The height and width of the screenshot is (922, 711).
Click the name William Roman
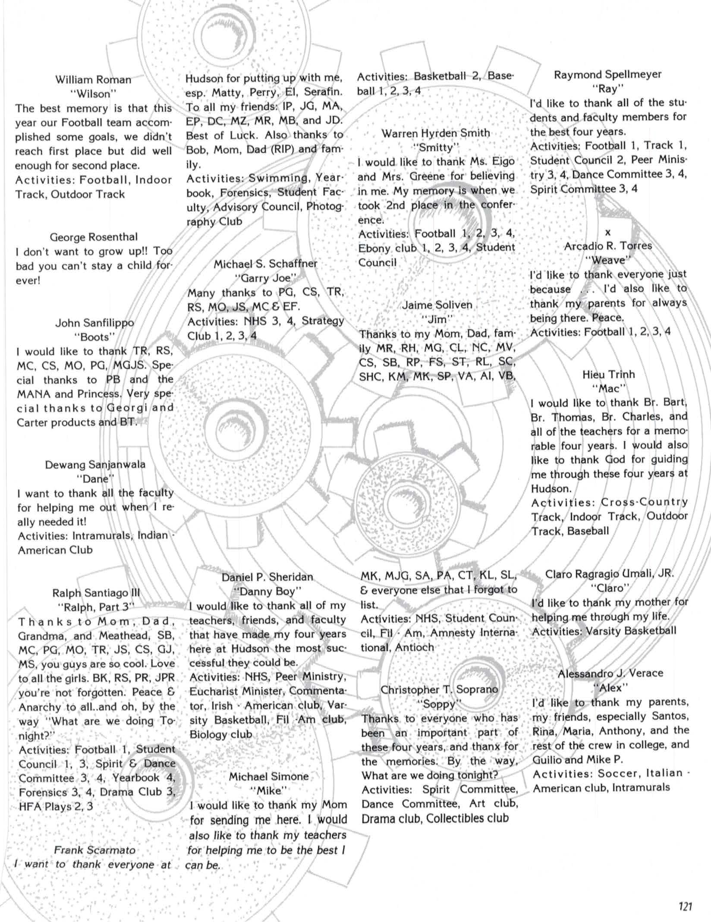(x=93, y=80)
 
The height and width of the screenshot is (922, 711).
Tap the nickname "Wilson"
(x=93, y=94)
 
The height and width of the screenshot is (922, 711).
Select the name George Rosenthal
(x=94, y=237)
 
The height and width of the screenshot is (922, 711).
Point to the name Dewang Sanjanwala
(x=95, y=465)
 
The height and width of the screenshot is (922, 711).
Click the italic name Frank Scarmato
(x=94, y=850)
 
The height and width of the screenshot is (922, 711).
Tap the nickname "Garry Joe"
(x=266, y=278)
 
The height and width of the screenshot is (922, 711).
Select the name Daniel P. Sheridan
(x=267, y=577)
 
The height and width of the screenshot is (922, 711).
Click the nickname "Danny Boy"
(x=267, y=591)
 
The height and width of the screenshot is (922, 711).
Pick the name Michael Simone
(x=268, y=776)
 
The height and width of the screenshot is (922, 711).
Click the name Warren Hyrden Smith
(x=436, y=133)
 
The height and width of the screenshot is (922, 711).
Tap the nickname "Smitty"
(x=436, y=148)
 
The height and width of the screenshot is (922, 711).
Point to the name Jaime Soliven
(x=437, y=305)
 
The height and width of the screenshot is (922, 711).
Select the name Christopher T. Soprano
(x=439, y=689)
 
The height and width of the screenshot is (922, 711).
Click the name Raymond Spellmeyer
(x=607, y=75)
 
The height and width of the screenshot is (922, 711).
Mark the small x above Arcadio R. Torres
(x=608, y=233)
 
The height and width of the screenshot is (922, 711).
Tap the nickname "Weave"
(x=608, y=260)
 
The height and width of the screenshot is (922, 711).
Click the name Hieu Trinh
(x=609, y=374)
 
